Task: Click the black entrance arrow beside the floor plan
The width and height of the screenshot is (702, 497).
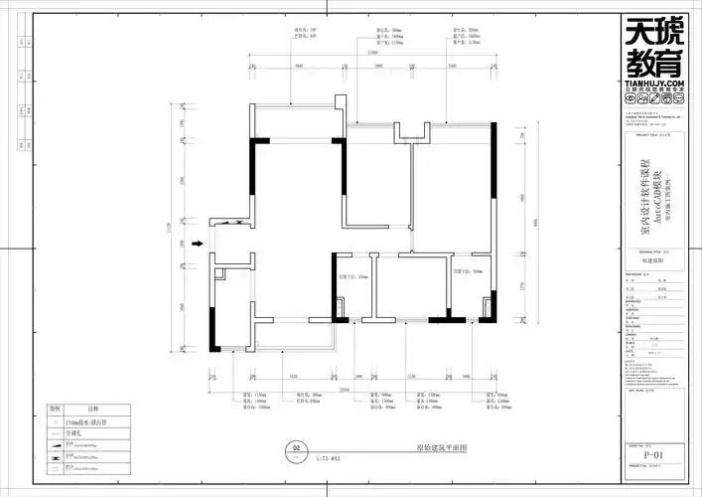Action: (x=198, y=242)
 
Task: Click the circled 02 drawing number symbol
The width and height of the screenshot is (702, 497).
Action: (x=295, y=448)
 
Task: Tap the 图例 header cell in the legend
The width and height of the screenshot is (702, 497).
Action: (x=56, y=409)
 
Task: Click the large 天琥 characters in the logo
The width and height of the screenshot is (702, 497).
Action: (x=654, y=32)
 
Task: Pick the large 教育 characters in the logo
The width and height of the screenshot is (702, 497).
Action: (x=654, y=63)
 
